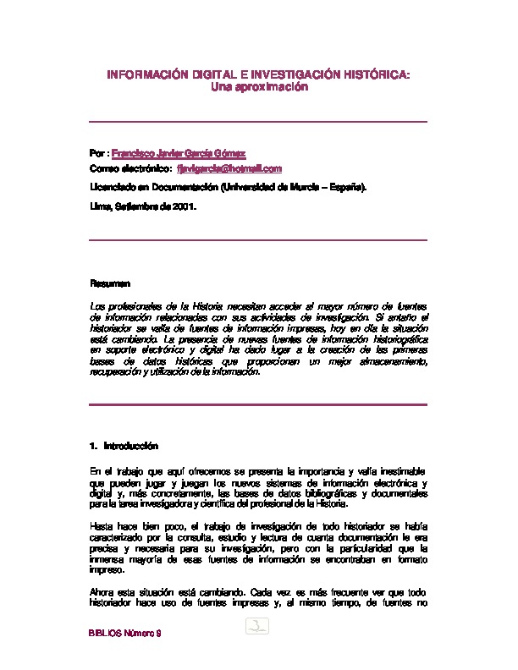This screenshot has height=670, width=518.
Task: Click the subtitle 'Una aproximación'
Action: click(x=258, y=87)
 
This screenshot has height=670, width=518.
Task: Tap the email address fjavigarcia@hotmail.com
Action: click(x=235, y=169)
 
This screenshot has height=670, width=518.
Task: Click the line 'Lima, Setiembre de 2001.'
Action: click(x=143, y=206)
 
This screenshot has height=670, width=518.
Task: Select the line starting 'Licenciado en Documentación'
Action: click(x=229, y=188)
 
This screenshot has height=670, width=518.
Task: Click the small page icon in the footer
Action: click(x=257, y=627)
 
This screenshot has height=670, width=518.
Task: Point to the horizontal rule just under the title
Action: click(x=258, y=122)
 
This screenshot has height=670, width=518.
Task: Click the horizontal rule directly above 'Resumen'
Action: click(x=258, y=240)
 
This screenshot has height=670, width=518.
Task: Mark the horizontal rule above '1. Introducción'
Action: click(x=258, y=404)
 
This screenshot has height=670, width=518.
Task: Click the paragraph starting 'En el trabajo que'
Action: click(x=258, y=488)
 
